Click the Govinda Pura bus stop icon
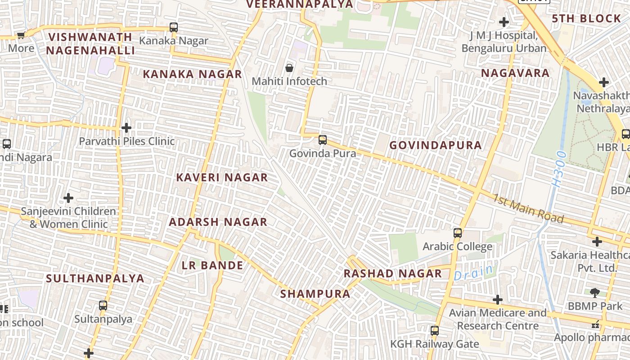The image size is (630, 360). tap(323, 139)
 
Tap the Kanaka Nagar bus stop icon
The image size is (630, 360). tap(174, 27)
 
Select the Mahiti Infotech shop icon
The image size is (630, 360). tap(289, 68)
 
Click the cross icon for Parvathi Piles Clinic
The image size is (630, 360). tap(126, 128)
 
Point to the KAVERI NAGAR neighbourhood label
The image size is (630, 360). tap(222, 177)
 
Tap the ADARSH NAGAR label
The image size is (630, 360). tap(218, 222)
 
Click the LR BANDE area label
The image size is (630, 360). tap(212, 265)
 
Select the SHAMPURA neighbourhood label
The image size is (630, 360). tap(315, 294)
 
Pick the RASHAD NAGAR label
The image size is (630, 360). tap(393, 274)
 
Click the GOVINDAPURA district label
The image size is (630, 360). tap(436, 145)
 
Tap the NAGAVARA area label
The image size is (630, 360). tap(515, 73)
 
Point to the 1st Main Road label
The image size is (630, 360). tap(528, 208)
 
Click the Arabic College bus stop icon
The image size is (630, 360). tap(458, 233)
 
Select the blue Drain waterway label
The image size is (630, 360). tap(473, 272)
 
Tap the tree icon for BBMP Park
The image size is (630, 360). tap(595, 292)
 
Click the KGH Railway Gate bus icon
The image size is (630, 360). tap(435, 331)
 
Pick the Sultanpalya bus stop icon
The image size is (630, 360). tap(103, 306)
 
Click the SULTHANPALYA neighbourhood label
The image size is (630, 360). tap(95, 278)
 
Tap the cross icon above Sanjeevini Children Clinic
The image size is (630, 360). tap(68, 198)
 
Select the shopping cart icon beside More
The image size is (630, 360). tap(21, 35)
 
